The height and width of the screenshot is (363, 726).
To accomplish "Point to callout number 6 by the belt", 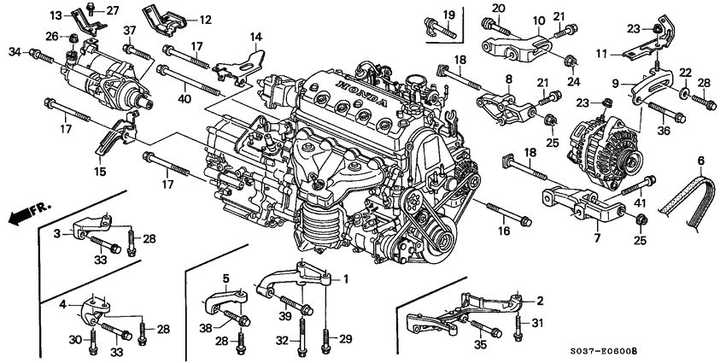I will pos(701,161).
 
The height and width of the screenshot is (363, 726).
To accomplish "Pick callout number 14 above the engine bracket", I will pos(255,38).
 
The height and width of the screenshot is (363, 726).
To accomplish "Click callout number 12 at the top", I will pos(205,18).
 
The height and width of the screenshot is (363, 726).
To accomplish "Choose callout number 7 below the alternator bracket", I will pos(598,238).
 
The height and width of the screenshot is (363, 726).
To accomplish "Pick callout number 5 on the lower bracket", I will pos(226,278).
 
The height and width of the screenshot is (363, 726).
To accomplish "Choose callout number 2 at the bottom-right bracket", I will pos(539,301).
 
